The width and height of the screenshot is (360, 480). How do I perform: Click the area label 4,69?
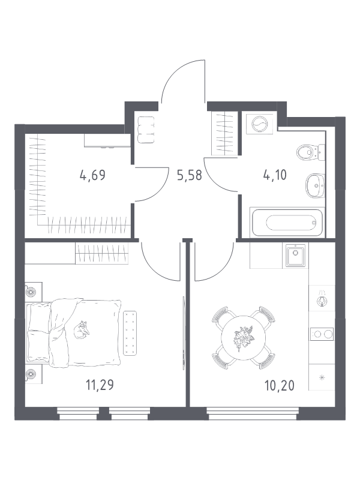click(92, 175)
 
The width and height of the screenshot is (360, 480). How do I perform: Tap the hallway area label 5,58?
click(190, 175)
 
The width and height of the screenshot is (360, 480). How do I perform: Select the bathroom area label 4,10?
click(274, 175)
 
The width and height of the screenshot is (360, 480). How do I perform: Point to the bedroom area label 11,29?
click(100, 385)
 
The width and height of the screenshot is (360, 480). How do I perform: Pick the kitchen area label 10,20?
click(280, 385)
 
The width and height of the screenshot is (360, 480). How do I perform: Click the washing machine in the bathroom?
click(259, 125)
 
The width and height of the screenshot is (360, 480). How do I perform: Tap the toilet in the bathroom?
click(310, 152)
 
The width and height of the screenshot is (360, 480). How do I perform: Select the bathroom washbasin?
click(314, 185)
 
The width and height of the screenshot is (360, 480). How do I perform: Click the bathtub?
click(287, 222)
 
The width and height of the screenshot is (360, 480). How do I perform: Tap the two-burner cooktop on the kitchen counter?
click(321, 334)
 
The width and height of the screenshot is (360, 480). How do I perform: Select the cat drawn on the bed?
click(83, 330)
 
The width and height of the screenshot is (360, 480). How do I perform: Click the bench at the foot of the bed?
click(130, 333)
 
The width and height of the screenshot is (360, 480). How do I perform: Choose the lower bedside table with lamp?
click(33, 373)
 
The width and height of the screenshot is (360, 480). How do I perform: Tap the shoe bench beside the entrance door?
click(146, 130)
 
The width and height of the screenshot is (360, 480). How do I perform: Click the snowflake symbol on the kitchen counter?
click(322, 377)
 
